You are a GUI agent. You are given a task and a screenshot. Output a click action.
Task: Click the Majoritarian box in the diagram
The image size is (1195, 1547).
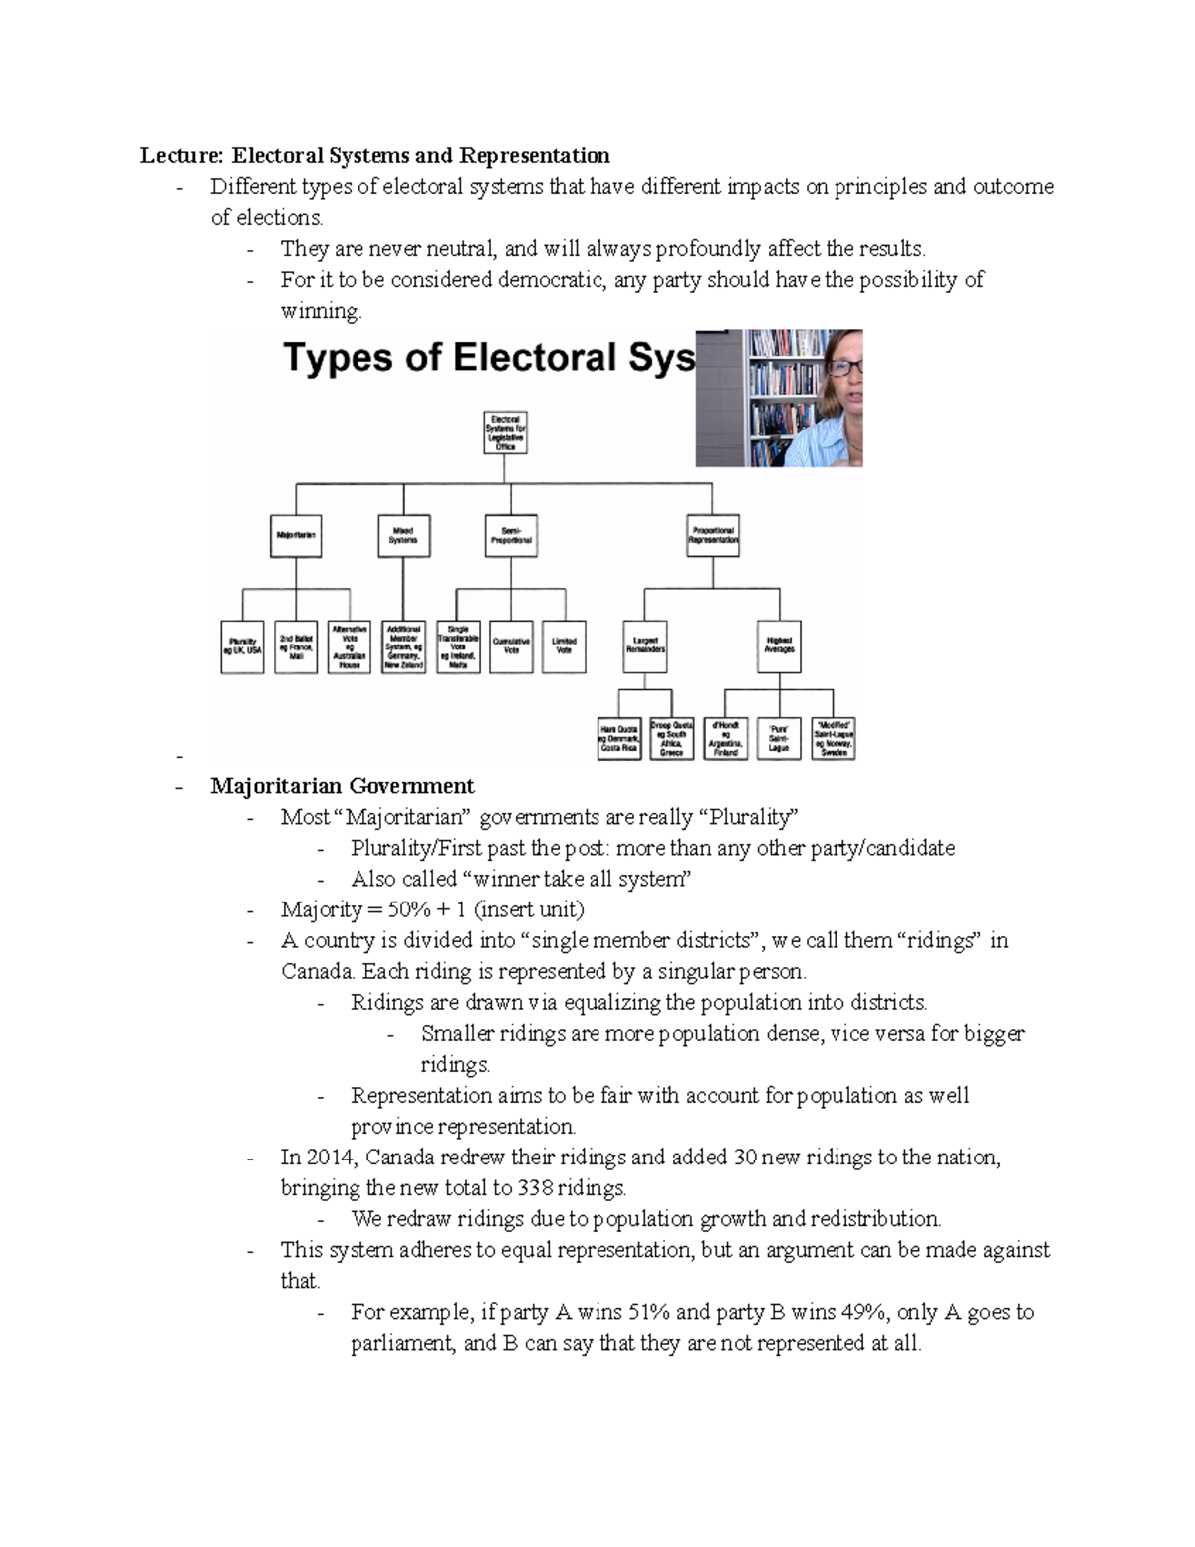click(295, 535)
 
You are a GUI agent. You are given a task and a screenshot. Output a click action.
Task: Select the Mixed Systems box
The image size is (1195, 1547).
click(402, 535)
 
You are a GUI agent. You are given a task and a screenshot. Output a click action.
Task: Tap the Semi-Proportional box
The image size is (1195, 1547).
click(511, 535)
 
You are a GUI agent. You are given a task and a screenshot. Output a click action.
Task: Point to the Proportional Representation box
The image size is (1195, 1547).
click(712, 535)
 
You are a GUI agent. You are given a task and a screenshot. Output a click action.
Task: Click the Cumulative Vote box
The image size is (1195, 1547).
click(511, 645)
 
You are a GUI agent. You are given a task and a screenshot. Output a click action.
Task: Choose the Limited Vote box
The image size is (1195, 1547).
click(565, 645)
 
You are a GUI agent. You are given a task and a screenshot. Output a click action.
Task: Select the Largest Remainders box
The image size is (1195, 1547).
click(645, 645)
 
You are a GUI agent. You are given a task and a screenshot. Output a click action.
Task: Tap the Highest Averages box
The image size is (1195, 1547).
click(779, 645)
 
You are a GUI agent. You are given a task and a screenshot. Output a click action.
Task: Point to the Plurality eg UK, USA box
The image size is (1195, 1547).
click(242, 647)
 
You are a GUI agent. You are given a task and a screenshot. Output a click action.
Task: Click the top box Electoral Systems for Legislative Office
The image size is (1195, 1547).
click(506, 434)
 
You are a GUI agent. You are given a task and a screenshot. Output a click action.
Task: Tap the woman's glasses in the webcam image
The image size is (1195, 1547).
click(843, 368)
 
